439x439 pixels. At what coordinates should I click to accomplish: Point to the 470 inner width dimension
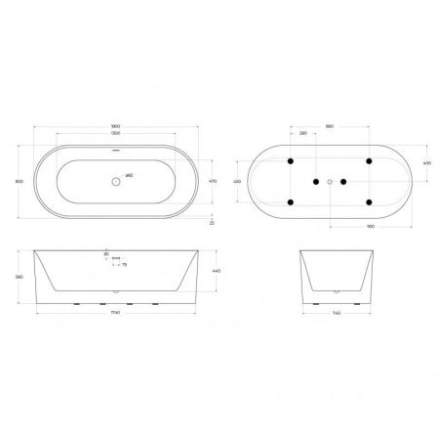[x=212, y=182]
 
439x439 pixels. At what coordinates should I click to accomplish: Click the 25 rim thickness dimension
[x=212, y=224]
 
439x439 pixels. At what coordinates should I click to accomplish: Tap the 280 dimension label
[x=303, y=135]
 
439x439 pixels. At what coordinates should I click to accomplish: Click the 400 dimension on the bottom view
[x=426, y=162]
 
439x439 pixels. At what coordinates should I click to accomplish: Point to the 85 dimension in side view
[x=106, y=254]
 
